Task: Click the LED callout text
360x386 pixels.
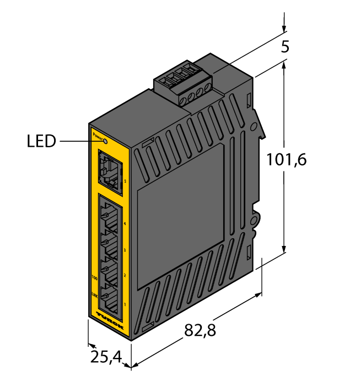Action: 42,142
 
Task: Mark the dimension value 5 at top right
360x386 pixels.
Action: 285,47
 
